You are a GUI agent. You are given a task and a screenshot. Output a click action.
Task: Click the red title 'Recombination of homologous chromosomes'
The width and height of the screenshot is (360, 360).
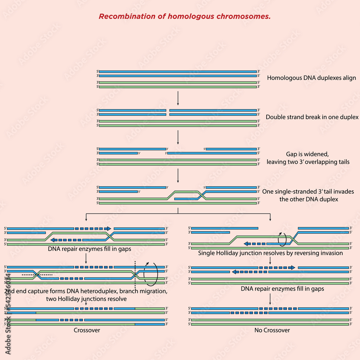pos(185,17)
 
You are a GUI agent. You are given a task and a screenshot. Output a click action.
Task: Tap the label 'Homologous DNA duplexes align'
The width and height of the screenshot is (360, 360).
pos(311,78)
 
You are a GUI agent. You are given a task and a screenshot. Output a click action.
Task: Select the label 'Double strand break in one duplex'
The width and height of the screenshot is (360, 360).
pos(312,117)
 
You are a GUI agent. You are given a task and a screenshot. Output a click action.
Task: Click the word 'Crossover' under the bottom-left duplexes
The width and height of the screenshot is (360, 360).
pos(87,330)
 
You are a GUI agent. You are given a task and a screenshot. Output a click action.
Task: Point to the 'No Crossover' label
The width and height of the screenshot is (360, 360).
pos(270,330)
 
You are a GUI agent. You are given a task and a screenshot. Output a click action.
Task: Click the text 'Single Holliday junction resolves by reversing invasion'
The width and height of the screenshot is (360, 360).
pos(270,253)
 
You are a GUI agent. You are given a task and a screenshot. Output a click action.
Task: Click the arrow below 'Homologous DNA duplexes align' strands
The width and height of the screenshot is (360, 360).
pos(178,98)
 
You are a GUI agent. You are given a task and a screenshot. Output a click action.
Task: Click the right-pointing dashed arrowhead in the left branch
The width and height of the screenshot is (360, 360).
pos(108,228)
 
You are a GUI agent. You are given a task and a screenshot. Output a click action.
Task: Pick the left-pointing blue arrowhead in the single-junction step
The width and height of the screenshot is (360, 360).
pos(247,244)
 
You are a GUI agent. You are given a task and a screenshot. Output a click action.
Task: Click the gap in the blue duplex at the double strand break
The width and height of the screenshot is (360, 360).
pos(168,112)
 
